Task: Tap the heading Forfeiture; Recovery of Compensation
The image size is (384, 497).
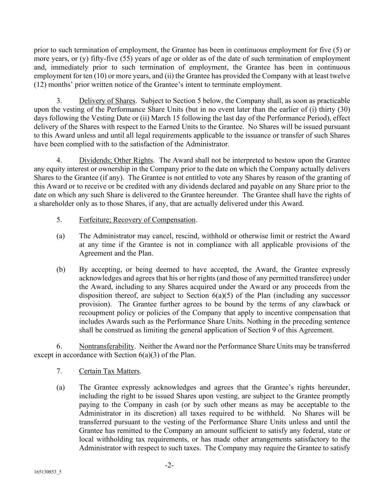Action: (137, 220)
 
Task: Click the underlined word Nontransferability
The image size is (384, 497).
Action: (107, 346)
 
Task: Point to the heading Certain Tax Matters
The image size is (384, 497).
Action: (109, 371)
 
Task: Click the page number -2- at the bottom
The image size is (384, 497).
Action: (169, 465)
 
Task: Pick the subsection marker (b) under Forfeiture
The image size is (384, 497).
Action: (60, 270)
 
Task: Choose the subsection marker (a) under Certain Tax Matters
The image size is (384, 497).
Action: (60, 387)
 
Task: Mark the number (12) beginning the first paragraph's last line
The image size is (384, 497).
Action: (41, 85)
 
